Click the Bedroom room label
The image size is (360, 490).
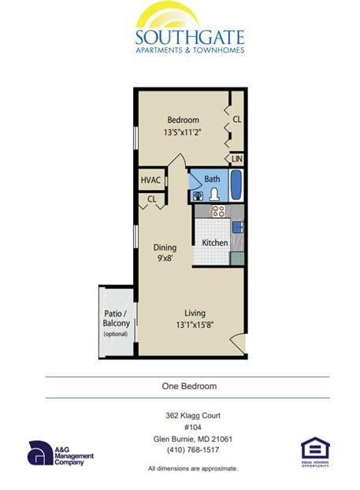[182, 119]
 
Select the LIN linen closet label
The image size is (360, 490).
[237, 159]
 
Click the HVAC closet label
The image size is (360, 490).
[150, 180]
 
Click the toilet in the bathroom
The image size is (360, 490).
[213, 194]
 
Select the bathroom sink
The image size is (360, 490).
[197, 195]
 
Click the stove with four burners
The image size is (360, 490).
[219, 211]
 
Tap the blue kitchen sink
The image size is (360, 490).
[236, 226]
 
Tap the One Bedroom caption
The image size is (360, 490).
[184, 387]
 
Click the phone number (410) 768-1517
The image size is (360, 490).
[187, 450]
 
